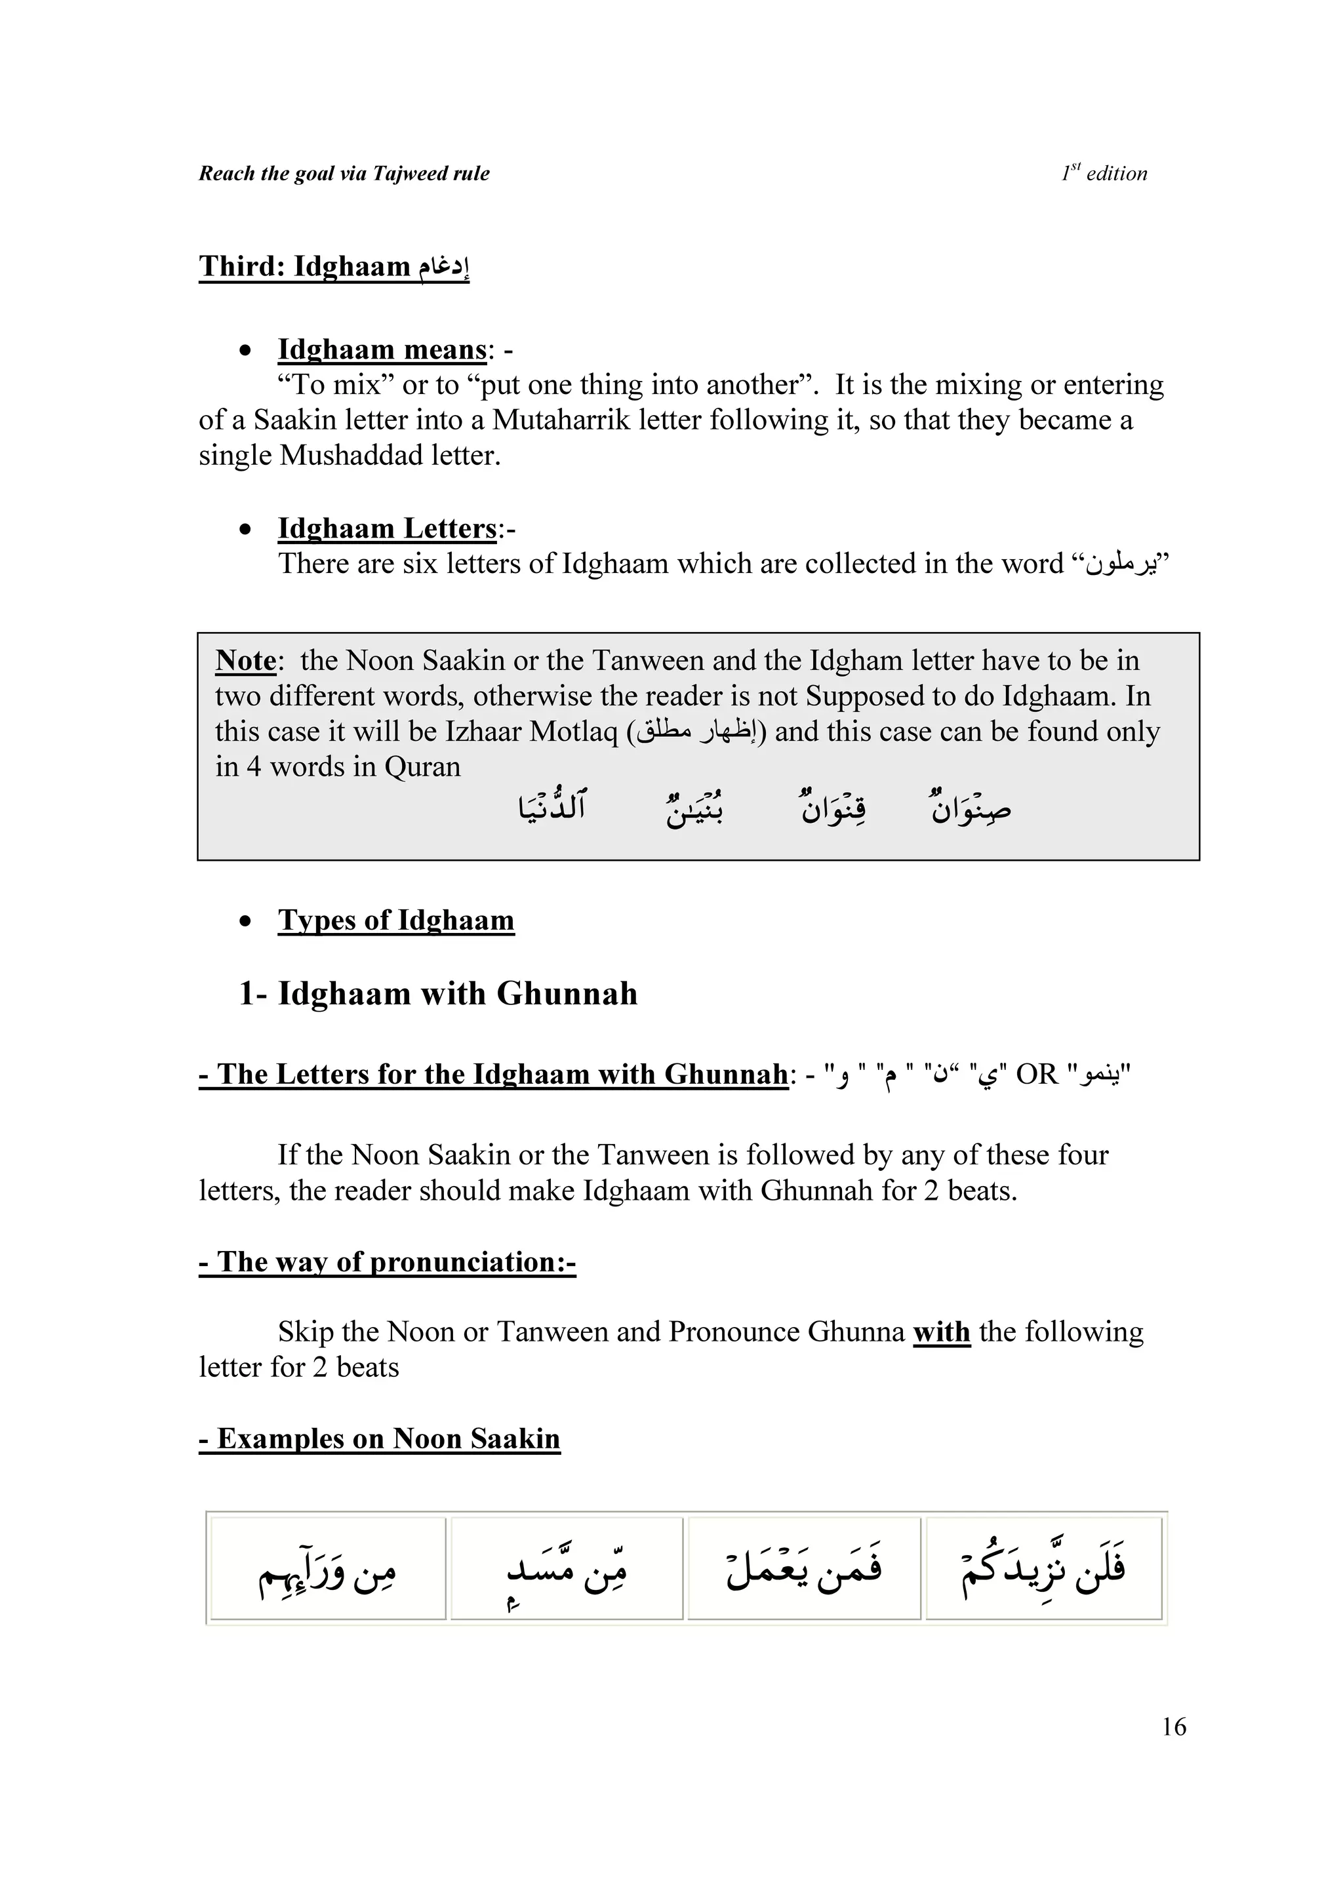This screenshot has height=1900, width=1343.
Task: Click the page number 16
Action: pos(1173,1726)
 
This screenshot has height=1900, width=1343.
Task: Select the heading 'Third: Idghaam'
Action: pos(334,266)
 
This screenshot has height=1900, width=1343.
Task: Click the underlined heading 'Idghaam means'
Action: pos(382,349)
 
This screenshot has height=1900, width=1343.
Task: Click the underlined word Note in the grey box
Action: pos(245,660)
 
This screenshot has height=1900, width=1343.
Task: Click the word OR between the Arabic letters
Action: pos(1037,1074)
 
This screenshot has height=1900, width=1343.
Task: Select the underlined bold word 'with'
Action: pos(941,1332)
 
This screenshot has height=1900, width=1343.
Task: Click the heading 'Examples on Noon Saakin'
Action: pos(380,1438)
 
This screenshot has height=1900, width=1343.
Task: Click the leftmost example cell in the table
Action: pos(328,1568)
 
